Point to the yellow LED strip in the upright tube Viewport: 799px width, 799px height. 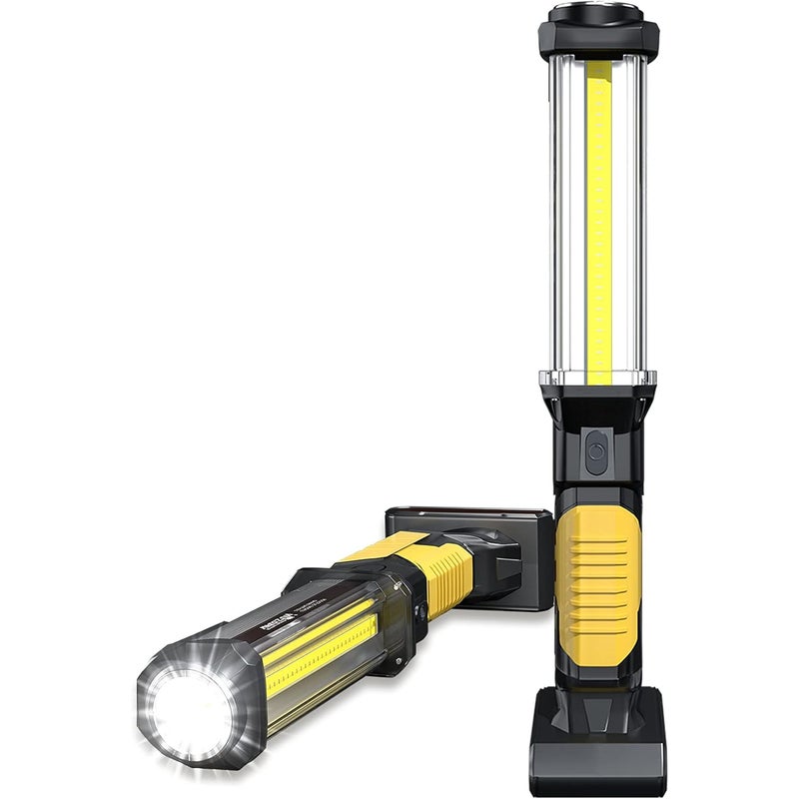pyautogui.click(x=599, y=220)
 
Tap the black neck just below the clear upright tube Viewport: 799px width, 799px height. pyautogui.click(x=597, y=409)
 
